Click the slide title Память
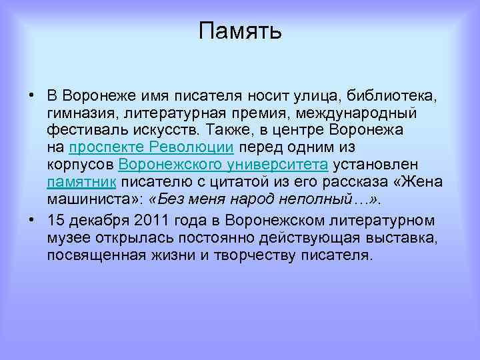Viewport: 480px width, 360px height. pos(240,31)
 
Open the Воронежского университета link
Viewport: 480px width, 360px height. pos(223,164)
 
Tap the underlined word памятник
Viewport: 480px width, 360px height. pos(82,181)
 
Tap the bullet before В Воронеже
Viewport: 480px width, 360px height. pos(31,95)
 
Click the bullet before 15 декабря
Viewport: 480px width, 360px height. pos(31,220)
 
